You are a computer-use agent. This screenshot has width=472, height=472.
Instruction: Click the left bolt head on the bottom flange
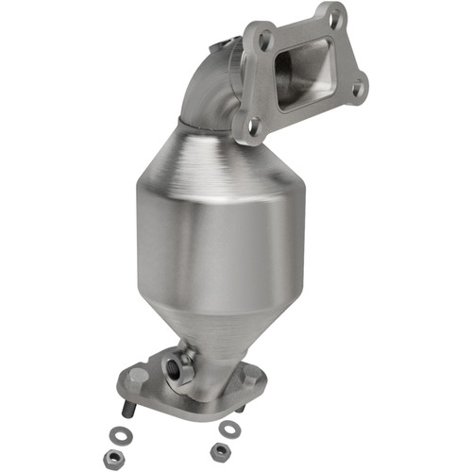pyautogui.click(x=138, y=376)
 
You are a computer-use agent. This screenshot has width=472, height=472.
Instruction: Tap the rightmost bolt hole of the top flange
pyautogui.click(x=357, y=90)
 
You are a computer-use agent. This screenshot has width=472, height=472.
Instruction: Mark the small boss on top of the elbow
pyautogui.click(x=225, y=42)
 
